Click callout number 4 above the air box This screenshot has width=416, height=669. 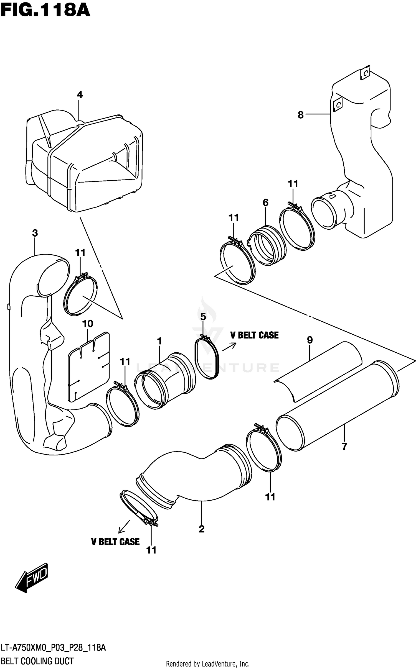click(80, 95)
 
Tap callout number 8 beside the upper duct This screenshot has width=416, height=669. click(301, 115)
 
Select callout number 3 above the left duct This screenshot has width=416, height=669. click(35, 233)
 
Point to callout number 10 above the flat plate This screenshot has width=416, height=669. click(87, 324)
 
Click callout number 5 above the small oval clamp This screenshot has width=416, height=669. click(203, 317)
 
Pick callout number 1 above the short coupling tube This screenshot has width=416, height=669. click(159, 341)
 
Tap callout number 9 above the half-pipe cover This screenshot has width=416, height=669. click(310, 340)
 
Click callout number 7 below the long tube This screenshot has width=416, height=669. click(344, 447)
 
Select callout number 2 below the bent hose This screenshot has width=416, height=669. click(202, 529)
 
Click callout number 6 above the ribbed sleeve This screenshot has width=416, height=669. click(265, 203)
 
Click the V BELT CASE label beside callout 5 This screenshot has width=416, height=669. click(254, 335)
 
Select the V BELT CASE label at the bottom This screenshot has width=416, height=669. click(115, 542)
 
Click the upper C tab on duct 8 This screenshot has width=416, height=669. click(365, 73)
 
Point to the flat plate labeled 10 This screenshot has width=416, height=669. click(88, 366)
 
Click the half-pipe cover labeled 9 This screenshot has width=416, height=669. click(319, 371)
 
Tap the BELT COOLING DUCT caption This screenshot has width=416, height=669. click(37, 661)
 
